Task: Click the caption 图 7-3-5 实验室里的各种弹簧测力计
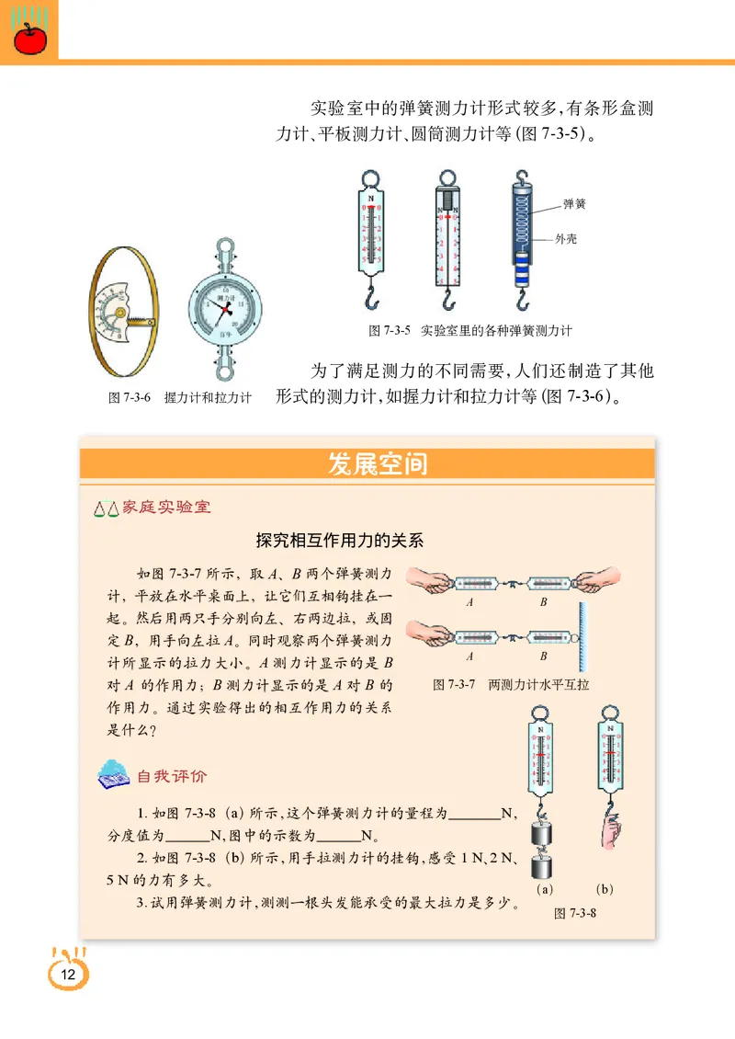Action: [469, 330]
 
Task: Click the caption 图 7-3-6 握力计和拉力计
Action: [179, 399]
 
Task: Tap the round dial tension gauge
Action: [224, 309]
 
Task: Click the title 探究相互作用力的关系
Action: [340, 541]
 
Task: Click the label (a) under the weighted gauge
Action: [544, 889]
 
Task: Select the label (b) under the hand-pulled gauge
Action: [604, 889]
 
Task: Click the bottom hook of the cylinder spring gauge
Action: [521, 301]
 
